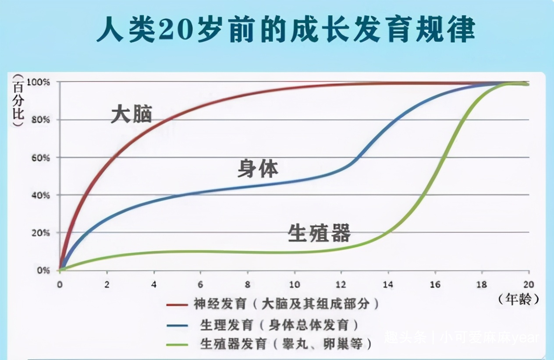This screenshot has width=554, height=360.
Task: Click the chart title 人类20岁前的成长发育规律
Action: click(x=286, y=30)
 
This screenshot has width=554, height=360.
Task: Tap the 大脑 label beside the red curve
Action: click(x=131, y=114)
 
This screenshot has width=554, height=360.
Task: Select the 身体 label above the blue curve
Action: click(x=258, y=169)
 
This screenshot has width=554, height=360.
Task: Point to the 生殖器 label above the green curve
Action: click(x=319, y=233)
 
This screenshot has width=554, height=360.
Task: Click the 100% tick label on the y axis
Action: click(x=38, y=82)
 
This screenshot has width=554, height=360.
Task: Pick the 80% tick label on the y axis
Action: click(x=41, y=120)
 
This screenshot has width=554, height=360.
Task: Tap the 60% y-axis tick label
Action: click(x=41, y=158)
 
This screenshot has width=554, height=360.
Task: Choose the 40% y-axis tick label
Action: click(x=41, y=195)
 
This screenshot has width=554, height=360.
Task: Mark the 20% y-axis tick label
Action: click(x=41, y=233)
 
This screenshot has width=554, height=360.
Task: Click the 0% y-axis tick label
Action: click(x=43, y=271)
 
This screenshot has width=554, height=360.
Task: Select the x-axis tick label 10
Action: click(x=295, y=285)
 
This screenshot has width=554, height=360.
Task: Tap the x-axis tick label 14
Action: click(x=388, y=285)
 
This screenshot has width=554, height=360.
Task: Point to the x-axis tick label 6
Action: click(x=200, y=285)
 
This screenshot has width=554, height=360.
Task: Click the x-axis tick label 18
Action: click(x=482, y=285)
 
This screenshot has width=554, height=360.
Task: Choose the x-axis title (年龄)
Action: click(x=518, y=299)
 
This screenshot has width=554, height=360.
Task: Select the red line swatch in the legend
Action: click(x=177, y=305)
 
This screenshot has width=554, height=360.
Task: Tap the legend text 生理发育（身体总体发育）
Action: click(x=280, y=325)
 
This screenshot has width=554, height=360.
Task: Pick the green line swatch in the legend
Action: click(x=177, y=345)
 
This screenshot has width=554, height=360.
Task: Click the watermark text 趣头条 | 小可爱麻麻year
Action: click(x=462, y=338)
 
